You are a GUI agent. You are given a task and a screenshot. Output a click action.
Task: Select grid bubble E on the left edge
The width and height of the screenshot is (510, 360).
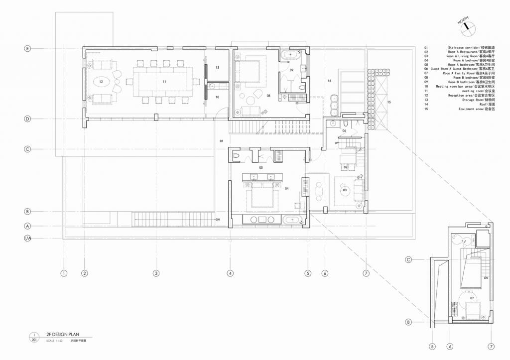point(28,48)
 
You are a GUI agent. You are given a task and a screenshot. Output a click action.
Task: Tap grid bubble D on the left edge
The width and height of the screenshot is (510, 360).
point(28,119)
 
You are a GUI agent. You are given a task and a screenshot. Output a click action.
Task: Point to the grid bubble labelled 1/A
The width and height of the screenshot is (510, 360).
point(28,239)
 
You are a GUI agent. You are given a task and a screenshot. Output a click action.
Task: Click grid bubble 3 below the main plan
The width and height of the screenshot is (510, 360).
point(156,273)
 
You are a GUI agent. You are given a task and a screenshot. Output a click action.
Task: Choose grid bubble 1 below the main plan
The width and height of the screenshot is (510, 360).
point(64,273)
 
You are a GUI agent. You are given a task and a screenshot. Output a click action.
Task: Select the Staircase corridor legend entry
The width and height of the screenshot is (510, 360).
point(461,48)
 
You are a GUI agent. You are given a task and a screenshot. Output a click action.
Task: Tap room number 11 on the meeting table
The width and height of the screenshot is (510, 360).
point(164,80)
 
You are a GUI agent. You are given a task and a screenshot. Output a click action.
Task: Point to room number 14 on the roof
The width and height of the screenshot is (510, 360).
point(329,80)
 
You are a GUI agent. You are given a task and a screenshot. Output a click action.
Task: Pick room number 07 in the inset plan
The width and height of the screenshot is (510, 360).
point(472,298)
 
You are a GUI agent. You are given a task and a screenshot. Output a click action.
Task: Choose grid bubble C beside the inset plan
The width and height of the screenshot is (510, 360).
point(408,259)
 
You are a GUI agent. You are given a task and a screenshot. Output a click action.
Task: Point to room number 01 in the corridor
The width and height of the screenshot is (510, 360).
point(222,141)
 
